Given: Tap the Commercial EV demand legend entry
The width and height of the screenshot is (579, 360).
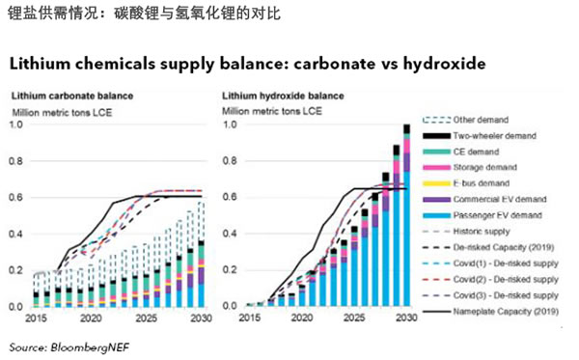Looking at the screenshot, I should [x=501, y=199].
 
